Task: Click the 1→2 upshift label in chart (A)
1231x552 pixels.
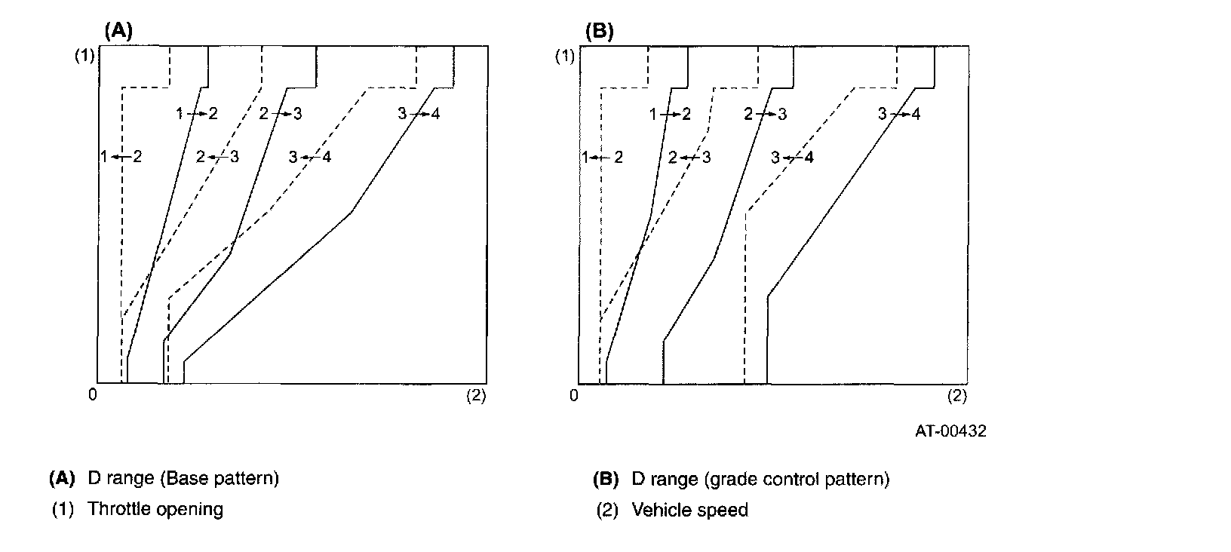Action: pos(196,113)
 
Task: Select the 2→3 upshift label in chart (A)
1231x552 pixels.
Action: pos(280,113)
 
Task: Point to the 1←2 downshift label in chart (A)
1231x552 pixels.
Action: pos(121,157)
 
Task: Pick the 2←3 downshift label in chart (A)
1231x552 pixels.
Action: pos(217,157)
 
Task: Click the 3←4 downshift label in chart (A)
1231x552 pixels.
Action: pos(309,157)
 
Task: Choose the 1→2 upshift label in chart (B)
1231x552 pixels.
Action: pos(670,114)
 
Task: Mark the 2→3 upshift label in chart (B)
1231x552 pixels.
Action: pos(765,114)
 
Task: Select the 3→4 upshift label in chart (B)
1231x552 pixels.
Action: pos(899,114)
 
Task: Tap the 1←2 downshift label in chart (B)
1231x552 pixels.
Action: pos(602,158)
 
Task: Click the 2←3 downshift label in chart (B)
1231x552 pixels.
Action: pos(689,158)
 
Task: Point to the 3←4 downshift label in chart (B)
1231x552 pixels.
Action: pos(792,158)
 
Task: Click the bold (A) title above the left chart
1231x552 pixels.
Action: pos(118,31)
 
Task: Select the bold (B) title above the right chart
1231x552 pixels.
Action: pos(600,31)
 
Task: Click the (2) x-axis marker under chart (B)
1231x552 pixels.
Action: pos(956,394)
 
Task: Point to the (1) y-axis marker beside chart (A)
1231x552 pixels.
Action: pos(83,56)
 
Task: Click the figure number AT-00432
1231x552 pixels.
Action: pos(950,431)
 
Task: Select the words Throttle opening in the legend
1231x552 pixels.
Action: pos(155,509)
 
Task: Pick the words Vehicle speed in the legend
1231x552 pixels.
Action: pos(689,511)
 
